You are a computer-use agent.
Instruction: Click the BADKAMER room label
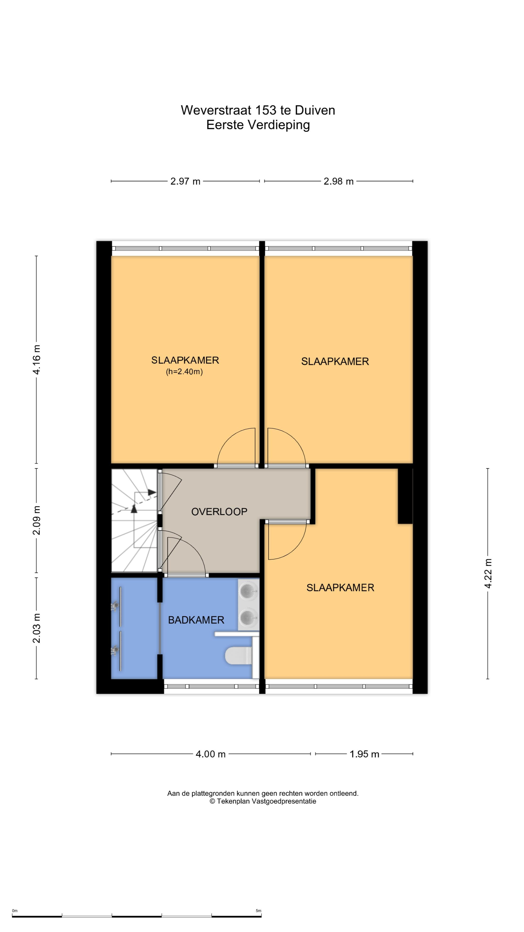pos(196,620)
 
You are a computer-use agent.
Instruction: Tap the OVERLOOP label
pos(219,512)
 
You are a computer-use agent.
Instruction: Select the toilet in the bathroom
pos(239,656)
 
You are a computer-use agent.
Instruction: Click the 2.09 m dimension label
pos(37,521)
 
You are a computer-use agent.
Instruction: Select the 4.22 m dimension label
pos(488,574)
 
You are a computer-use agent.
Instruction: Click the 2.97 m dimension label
pos(185,181)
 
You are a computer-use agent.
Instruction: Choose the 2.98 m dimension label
pos(338,181)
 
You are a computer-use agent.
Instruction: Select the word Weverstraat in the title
pos(216,110)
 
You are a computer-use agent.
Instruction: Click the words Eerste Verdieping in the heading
pos(258,125)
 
